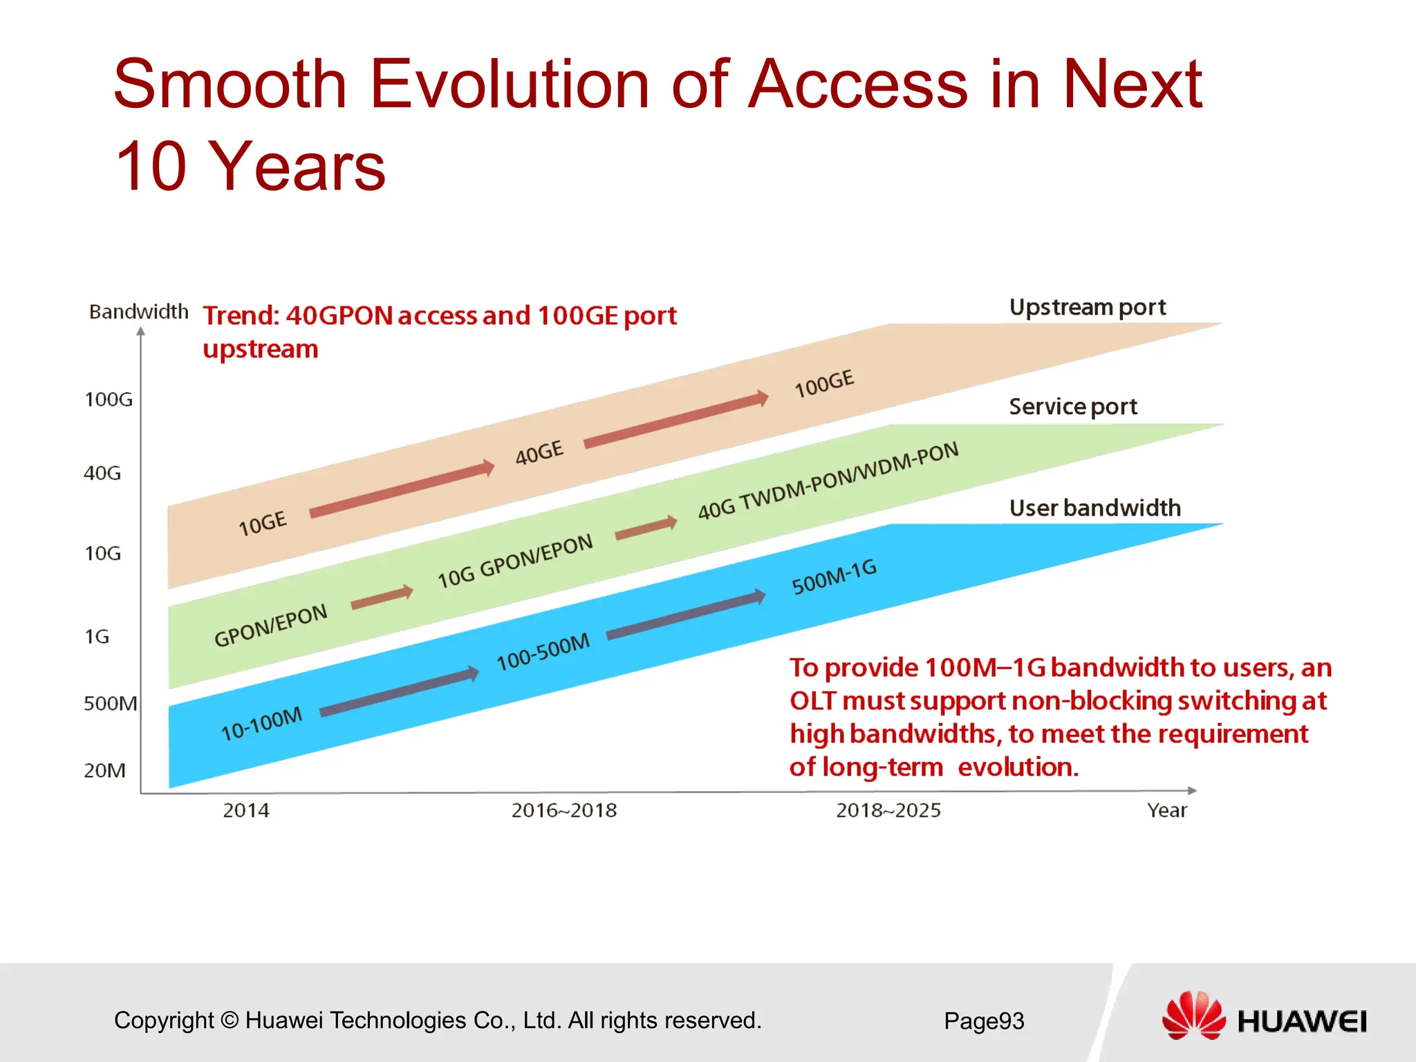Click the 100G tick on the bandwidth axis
click(109, 400)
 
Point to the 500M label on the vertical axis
click(110, 704)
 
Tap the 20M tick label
click(104, 770)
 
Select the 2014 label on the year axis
click(245, 810)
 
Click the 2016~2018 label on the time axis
click(563, 810)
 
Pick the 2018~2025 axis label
click(888, 810)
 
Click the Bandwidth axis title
click(138, 312)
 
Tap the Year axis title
click(1166, 810)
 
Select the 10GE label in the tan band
click(262, 523)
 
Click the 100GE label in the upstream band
click(824, 384)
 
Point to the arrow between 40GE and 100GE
click(676, 420)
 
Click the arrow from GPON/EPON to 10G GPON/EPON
click(382, 598)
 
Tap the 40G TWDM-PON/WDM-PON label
click(828, 481)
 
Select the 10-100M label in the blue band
click(261, 723)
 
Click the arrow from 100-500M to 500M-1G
click(686, 615)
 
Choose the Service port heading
click(1072, 407)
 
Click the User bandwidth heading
click(1094, 508)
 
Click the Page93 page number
click(984, 1021)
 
